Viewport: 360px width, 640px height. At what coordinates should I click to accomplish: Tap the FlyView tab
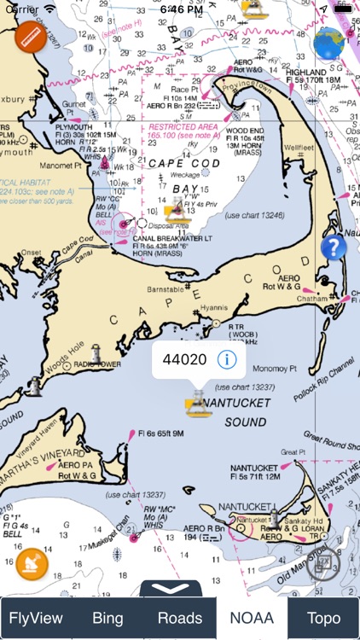36,618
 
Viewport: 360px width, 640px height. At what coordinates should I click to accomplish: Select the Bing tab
107,618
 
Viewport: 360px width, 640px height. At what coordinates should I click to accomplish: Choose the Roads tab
180,618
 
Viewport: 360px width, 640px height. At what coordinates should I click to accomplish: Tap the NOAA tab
251,618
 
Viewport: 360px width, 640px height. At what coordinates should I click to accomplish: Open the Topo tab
323,618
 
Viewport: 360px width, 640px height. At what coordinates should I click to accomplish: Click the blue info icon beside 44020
227,359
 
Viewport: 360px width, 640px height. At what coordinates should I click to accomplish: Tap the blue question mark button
334,248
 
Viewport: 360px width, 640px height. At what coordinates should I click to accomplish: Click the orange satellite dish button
31,564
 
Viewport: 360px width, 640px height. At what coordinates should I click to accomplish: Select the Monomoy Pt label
277,369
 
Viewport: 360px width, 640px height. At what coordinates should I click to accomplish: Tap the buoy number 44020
184,359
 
